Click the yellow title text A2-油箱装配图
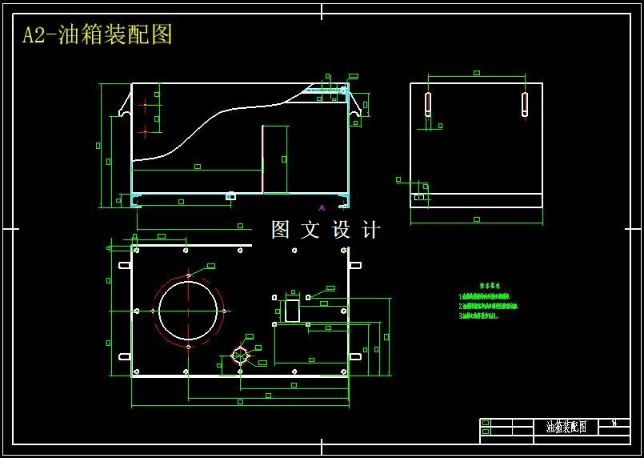pyautogui.click(x=98, y=34)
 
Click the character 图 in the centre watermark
pyautogui.click(x=280, y=230)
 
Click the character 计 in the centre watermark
pyautogui.click(x=371, y=230)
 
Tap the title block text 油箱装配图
pyautogui.click(x=566, y=428)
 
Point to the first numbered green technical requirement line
pyautogui.click(x=485, y=296)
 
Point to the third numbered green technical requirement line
pyautogui.click(x=479, y=316)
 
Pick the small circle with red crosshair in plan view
pyautogui.click(x=240, y=356)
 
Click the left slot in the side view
pyautogui.click(x=428, y=104)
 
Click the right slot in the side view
pyautogui.click(x=525, y=104)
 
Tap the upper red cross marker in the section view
pyautogui.click(x=144, y=103)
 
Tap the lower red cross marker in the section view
pyautogui.click(x=144, y=131)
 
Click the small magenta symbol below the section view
pyautogui.click(x=322, y=207)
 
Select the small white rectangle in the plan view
pyautogui.click(x=292, y=310)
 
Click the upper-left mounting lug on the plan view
pyautogui.click(x=125, y=265)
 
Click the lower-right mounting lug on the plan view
pyautogui.click(x=355, y=356)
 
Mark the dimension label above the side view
pyautogui.click(x=476, y=73)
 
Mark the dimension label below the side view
pyautogui.click(x=476, y=219)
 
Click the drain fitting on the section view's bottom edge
pyautogui.click(x=231, y=195)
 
